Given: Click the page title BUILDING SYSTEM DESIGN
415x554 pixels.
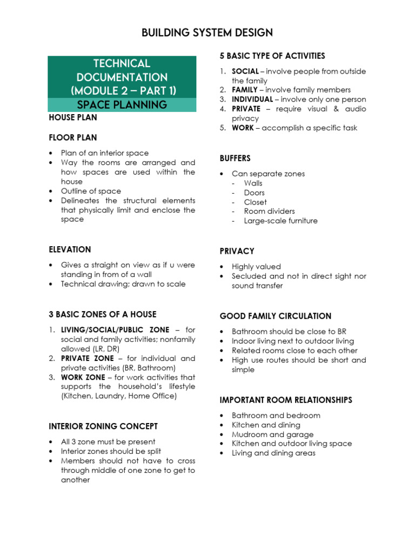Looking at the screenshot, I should point(207,33).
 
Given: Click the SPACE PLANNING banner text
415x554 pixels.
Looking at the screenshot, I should point(122,104).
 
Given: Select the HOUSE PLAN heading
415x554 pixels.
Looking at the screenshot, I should point(73,117).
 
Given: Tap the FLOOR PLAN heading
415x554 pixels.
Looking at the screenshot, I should point(73,138).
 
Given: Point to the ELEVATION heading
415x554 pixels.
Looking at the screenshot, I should point(70,249).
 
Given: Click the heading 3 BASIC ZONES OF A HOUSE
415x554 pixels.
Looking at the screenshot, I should point(102,314).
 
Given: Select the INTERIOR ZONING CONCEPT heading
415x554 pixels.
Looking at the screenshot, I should point(103,426).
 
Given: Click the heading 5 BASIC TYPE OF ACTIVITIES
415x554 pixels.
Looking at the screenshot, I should point(272,56).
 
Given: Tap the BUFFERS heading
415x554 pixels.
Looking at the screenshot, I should point(235,159).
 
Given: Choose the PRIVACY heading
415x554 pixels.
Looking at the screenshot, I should point(237,251).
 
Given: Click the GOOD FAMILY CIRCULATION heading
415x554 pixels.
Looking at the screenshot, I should point(276,316).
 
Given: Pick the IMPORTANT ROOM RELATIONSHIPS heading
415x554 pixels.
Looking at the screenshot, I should point(286,400).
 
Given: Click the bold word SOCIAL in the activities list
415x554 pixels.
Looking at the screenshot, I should point(245,71).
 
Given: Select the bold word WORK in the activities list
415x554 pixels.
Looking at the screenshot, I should point(243,128).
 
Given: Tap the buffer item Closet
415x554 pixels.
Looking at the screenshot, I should point(256,202).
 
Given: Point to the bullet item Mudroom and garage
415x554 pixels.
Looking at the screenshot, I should point(272,434).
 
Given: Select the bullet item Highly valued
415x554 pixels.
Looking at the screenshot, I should point(256,267).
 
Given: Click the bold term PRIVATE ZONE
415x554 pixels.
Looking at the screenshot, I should point(88,358).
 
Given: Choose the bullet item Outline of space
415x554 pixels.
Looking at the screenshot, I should point(91,191).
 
